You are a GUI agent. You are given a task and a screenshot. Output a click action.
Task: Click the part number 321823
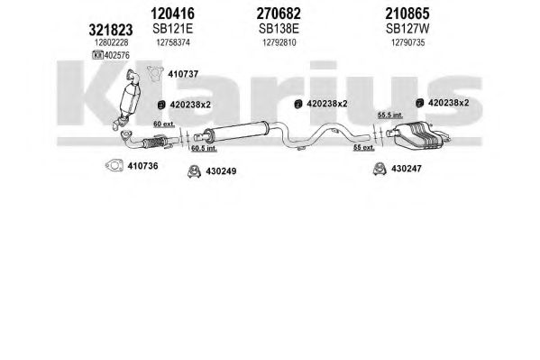[111, 30]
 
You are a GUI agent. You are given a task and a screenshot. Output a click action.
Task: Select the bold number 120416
[172, 14]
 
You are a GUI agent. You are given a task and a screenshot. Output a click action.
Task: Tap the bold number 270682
[279, 14]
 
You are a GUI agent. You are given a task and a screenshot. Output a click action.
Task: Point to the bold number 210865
[407, 14]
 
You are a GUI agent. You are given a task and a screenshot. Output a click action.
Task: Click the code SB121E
[172, 29]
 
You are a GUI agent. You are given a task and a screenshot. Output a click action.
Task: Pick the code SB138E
[279, 29]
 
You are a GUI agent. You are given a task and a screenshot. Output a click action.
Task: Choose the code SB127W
[407, 29]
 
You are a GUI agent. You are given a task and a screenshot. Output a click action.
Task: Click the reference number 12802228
[111, 42]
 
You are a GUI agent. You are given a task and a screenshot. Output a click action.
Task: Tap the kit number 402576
[117, 55]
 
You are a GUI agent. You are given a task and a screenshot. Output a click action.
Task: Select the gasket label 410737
[183, 74]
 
